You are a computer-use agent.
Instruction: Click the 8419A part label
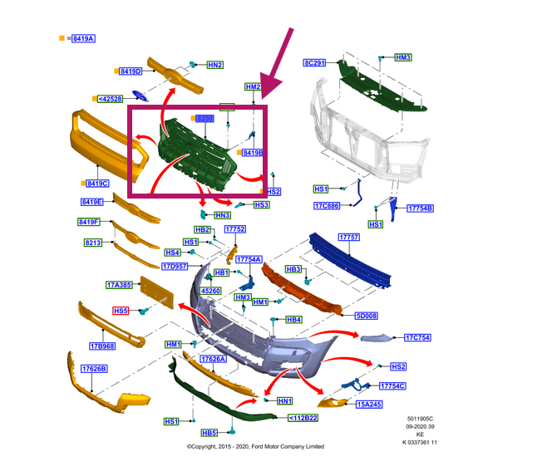coord(83,39)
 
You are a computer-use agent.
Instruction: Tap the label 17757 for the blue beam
coord(348,238)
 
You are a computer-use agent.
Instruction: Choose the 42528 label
coord(111,99)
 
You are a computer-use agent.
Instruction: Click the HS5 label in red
coord(121,311)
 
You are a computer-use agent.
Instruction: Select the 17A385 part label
coord(119,285)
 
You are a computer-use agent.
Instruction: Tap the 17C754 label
coord(416,337)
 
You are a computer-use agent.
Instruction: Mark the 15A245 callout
coord(368,405)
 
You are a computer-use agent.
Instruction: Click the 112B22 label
coord(303,418)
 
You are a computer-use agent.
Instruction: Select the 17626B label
coord(93,368)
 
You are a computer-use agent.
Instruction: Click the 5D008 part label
coord(367,317)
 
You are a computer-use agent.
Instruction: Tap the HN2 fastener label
coord(214,65)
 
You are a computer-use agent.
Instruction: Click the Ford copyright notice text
coord(255,446)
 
